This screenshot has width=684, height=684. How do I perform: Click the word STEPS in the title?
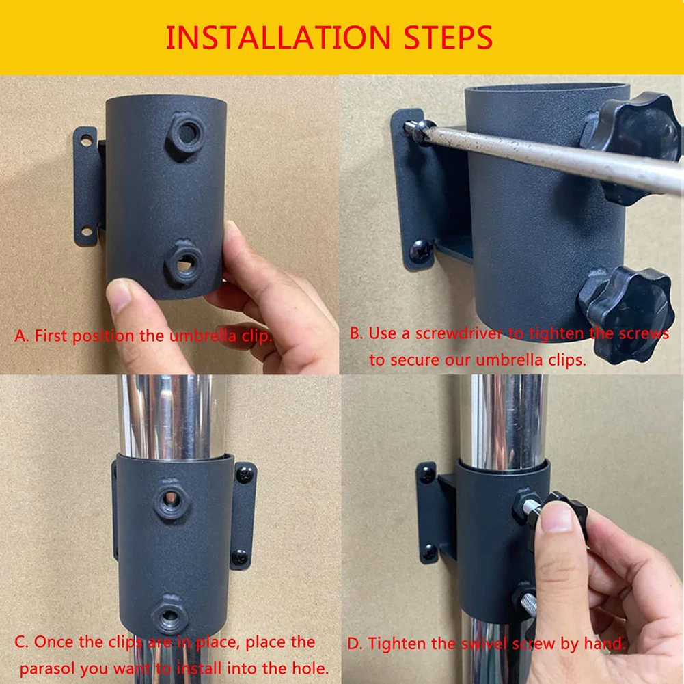click(448, 38)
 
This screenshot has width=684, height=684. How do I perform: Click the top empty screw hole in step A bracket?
click(87, 141)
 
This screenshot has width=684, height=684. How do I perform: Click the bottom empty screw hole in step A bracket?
click(87, 231)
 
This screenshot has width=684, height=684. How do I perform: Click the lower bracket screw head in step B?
click(421, 251)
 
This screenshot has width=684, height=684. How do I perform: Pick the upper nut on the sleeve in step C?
click(172, 499)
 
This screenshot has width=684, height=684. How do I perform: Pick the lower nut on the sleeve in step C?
click(169, 616)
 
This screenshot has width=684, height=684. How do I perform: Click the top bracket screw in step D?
click(426, 475)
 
